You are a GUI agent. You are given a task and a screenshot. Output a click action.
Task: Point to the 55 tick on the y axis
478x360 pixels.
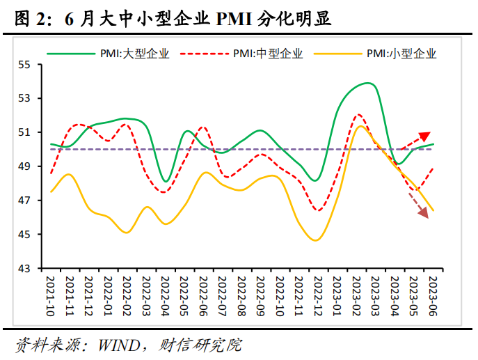click(x=25, y=65)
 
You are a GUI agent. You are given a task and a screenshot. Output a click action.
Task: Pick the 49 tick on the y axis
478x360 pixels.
click(x=25, y=166)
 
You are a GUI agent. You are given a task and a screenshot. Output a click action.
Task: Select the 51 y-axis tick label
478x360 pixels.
click(x=25, y=132)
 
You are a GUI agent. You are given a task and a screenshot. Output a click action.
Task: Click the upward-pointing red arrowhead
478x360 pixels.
click(x=425, y=136)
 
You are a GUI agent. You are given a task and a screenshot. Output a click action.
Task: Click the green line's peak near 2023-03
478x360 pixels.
click(x=368, y=83)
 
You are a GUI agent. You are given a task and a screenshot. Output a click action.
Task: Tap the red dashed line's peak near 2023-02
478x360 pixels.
click(x=358, y=115)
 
